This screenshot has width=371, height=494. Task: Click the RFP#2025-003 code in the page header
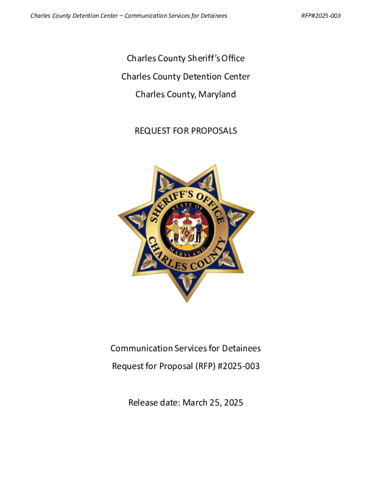click(321, 16)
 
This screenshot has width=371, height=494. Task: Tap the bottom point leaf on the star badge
click(186, 279)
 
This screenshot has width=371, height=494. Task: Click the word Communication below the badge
click(141, 348)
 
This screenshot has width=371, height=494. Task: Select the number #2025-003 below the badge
click(238, 366)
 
